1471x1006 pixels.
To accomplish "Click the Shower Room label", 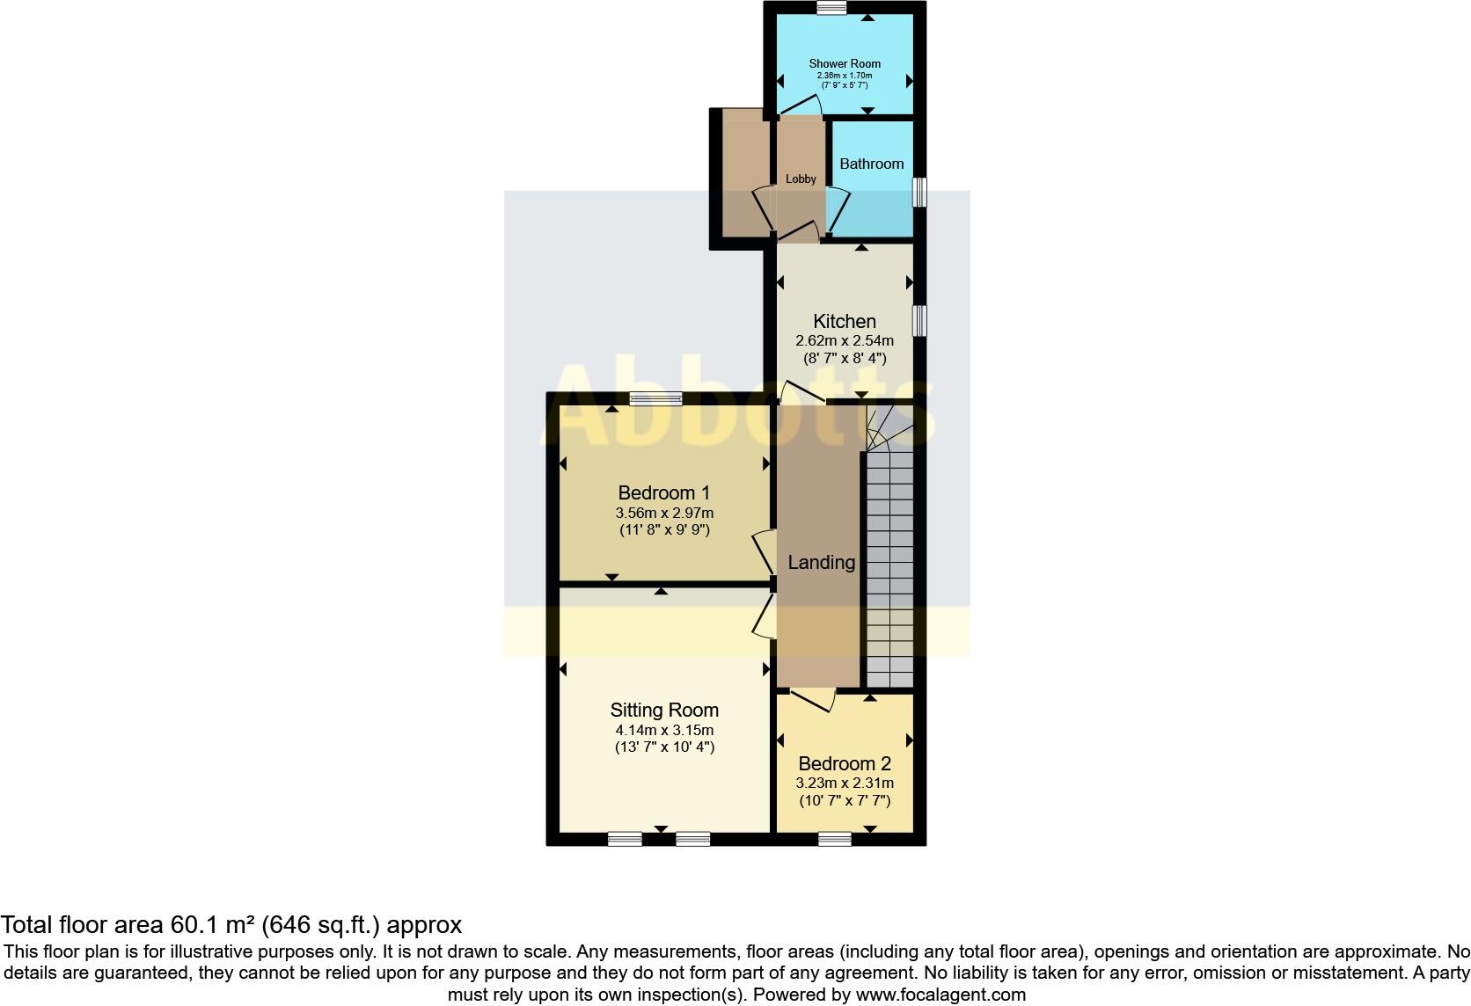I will (x=845, y=63).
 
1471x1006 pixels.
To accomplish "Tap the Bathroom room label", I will (x=871, y=164).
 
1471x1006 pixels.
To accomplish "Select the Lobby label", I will (x=801, y=179).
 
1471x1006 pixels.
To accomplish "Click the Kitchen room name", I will (x=844, y=321).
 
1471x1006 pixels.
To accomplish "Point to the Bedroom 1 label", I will (x=663, y=492).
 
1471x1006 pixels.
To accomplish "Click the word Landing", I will (x=821, y=562).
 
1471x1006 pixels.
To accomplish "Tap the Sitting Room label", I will (x=664, y=710).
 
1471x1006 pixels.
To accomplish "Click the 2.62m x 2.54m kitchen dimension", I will (x=844, y=340).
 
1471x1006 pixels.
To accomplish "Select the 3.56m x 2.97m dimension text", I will (x=663, y=513).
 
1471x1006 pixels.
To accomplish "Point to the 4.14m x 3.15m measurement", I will (x=664, y=730).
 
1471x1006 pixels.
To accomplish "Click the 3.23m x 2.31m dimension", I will (x=845, y=783).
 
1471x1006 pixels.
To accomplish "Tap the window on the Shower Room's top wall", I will (x=831, y=8).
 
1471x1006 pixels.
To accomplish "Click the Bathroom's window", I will (x=919, y=192).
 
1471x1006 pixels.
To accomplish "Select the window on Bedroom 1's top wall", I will (x=655, y=399).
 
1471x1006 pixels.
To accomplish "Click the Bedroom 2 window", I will (x=834, y=839).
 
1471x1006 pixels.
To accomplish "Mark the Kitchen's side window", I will (x=919, y=320).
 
